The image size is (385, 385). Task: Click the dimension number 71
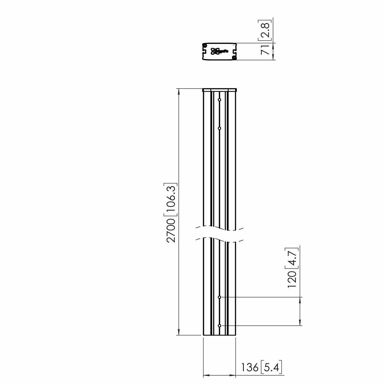pyautogui.click(x=266, y=50)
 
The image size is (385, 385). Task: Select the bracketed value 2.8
pyautogui.click(x=266, y=30)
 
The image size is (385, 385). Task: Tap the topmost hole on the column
pyautogui.click(x=219, y=100)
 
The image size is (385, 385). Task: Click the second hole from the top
pyautogui.click(x=219, y=128)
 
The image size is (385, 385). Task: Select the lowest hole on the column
pyautogui.click(x=219, y=326)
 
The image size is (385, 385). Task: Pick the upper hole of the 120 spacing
pyautogui.click(x=219, y=297)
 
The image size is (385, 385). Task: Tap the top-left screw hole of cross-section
pyautogui.click(x=205, y=46)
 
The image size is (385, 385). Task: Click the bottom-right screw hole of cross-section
pyautogui.click(x=234, y=57)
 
